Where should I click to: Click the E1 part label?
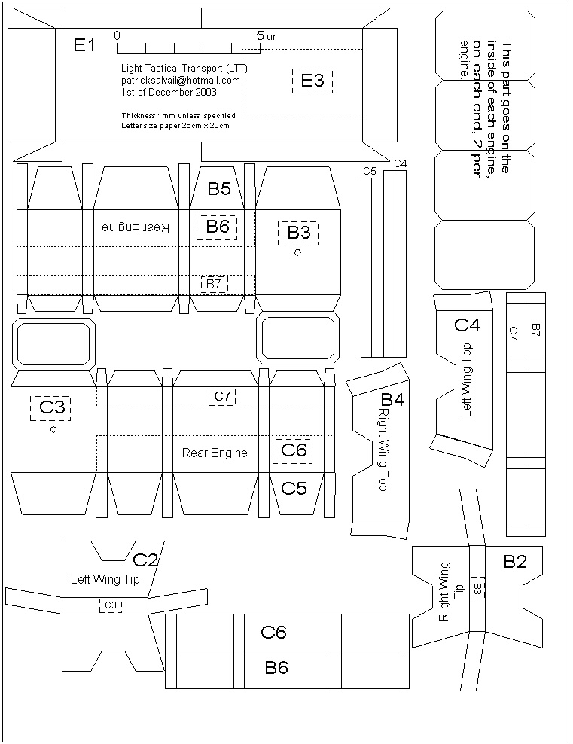click(x=84, y=46)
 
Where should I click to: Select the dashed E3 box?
click(x=312, y=81)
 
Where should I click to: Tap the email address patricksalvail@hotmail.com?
click(x=181, y=80)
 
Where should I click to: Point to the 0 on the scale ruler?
click(x=117, y=35)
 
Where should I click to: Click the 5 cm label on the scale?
click(x=264, y=35)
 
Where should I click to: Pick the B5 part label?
click(x=219, y=189)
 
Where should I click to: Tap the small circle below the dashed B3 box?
click(x=297, y=254)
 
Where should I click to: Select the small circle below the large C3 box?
click(x=53, y=429)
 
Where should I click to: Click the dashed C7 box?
click(x=222, y=395)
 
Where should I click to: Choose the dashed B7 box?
click(x=215, y=284)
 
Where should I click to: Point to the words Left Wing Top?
click(x=466, y=380)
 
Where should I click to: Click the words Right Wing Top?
click(x=383, y=450)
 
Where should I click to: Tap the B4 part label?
click(x=392, y=400)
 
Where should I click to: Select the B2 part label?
click(x=515, y=561)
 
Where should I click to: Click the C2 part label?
click(x=145, y=560)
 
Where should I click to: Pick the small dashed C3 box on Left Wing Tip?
click(x=111, y=605)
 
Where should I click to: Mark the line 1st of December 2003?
click(x=169, y=93)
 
